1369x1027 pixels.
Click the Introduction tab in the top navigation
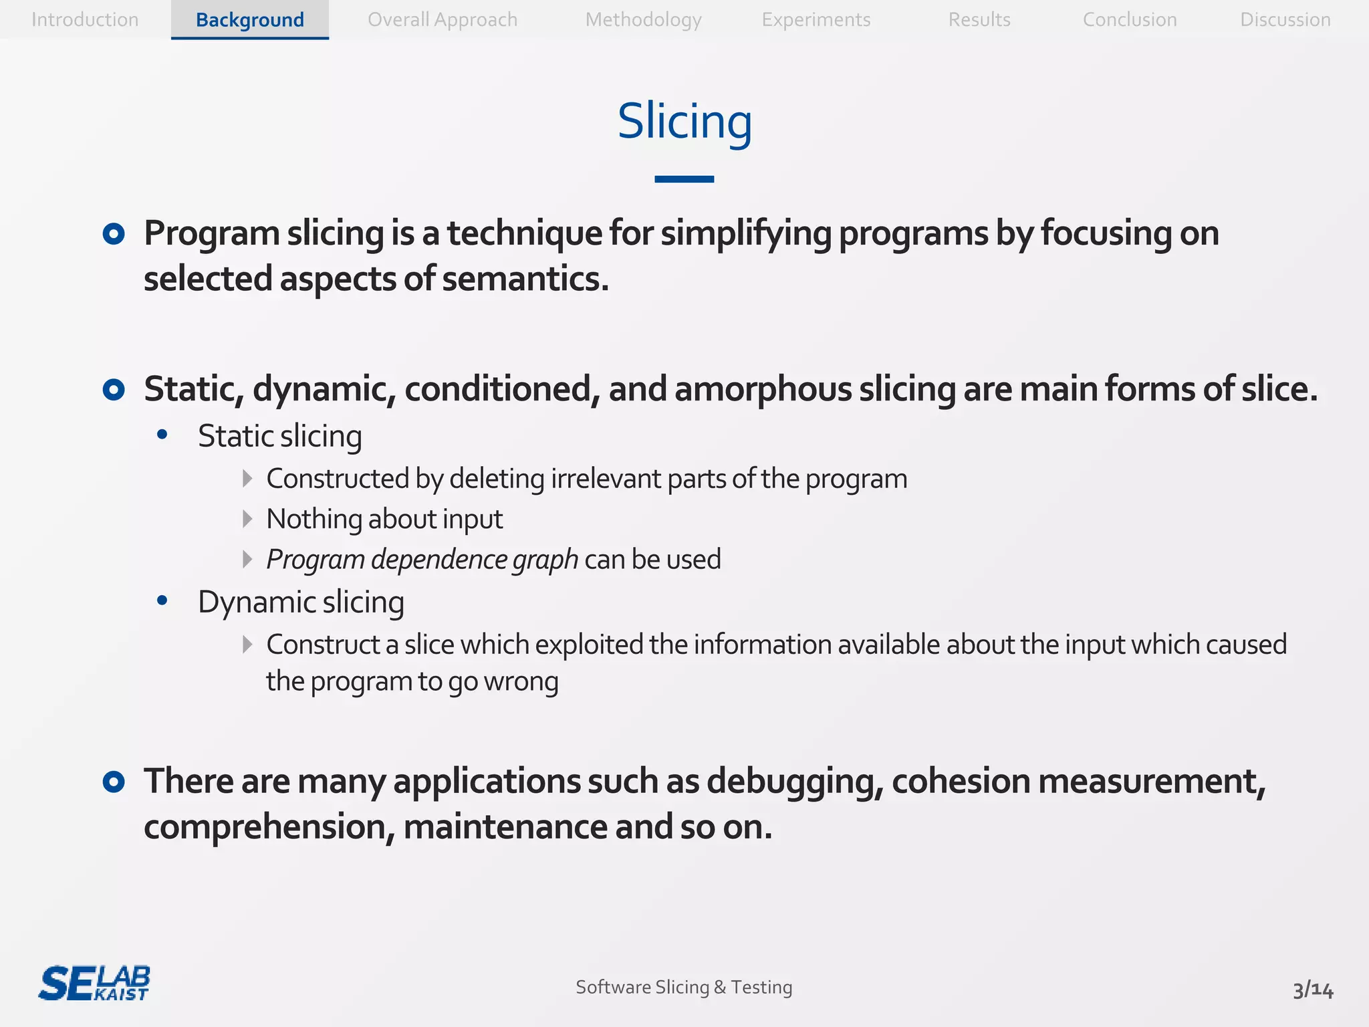(85, 19)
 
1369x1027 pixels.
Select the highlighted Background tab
(249, 19)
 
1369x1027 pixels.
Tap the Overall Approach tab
(443, 19)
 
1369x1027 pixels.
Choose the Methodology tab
(643, 19)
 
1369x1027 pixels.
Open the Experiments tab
(816, 19)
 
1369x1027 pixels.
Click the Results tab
(979, 19)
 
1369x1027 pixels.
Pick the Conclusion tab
(1130, 19)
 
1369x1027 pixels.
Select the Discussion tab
(1285, 19)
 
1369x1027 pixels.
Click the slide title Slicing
(684, 122)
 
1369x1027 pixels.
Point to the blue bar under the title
(684, 179)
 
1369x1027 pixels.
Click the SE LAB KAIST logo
(94, 984)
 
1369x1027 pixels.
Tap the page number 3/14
(1312, 990)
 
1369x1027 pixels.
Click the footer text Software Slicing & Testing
(684, 987)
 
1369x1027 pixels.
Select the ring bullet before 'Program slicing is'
(114, 234)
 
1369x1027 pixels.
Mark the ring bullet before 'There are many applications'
(114, 782)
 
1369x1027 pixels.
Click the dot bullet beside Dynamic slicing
(162, 601)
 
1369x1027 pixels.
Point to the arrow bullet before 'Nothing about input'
(247, 519)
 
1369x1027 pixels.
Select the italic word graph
(545, 560)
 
